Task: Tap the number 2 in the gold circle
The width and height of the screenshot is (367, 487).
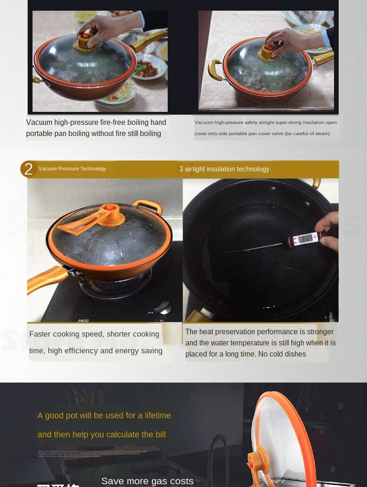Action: (x=28, y=169)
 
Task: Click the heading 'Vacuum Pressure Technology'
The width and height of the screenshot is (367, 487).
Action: (x=72, y=169)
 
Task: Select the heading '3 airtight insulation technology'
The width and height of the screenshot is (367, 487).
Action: (x=224, y=169)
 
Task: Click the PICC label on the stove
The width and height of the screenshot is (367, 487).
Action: (x=83, y=320)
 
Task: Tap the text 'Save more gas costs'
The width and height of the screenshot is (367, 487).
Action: (x=147, y=481)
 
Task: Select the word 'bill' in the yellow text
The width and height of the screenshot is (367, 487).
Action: (x=158, y=435)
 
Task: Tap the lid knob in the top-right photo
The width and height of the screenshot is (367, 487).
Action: (x=269, y=51)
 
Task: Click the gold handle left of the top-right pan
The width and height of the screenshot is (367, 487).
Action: (x=215, y=70)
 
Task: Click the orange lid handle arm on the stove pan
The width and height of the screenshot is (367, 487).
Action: (x=77, y=227)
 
